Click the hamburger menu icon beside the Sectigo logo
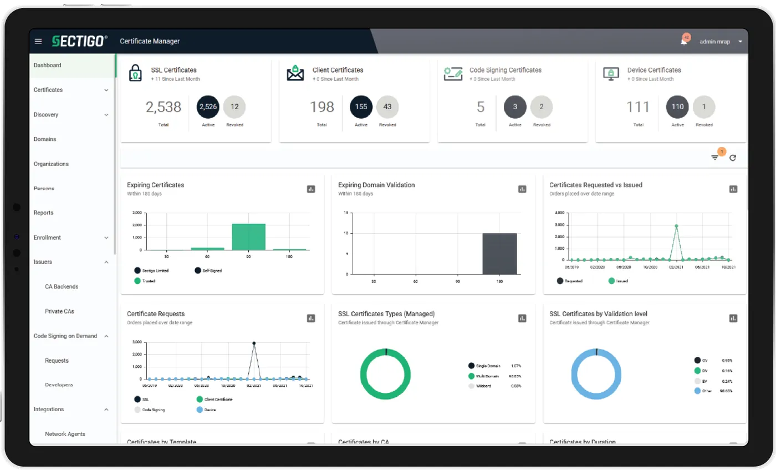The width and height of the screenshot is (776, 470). click(38, 41)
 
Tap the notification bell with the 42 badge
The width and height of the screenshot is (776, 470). click(684, 42)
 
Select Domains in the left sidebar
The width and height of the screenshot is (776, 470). click(45, 139)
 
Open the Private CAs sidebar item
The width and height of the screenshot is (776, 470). click(59, 311)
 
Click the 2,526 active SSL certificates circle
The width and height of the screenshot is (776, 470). click(208, 107)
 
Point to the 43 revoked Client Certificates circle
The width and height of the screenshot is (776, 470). click(387, 107)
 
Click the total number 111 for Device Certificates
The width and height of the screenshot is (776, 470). click(637, 107)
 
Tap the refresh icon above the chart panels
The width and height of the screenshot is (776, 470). click(733, 158)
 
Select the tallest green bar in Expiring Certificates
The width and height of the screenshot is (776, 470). click(248, 237)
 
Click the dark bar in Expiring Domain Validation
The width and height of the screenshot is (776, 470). click(499, 254)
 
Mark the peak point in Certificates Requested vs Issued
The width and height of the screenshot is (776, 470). click(676, 226)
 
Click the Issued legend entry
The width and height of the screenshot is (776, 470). click(617, 281)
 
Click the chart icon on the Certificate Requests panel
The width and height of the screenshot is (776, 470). click(311, 319)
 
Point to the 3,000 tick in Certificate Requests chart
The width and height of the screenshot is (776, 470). click(136, 342)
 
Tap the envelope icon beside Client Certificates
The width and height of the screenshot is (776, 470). click(295, 73)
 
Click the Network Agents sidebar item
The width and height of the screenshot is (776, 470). click(65, 434)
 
